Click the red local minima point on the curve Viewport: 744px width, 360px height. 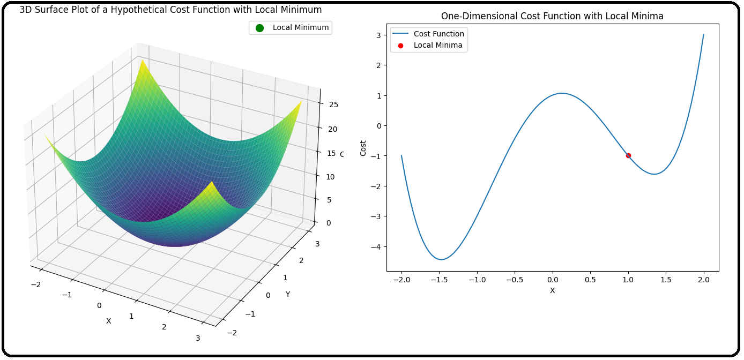pos(628,155)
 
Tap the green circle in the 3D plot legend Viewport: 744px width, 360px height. pos(260,28)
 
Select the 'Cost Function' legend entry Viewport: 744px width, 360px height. pos(438,34)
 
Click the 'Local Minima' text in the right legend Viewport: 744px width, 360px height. pos(438,46)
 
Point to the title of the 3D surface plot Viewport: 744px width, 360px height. pos(170,10)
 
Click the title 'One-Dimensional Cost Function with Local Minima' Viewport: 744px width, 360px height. pos(552,16)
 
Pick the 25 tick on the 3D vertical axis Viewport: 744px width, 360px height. pos(333,104)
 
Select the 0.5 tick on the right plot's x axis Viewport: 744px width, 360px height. pos(590,280)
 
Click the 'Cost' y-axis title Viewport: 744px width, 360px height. pos(363,149)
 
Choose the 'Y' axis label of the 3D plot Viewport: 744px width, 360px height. pos(288,294)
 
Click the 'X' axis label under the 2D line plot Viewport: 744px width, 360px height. pos(552,290)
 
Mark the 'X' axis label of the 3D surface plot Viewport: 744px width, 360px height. pos(108,321)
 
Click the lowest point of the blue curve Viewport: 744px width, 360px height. pos(441,260)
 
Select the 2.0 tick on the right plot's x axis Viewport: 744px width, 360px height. pos(704,280)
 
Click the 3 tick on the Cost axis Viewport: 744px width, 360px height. pos(378,35)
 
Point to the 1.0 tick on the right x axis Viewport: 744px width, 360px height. pos(628,280)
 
